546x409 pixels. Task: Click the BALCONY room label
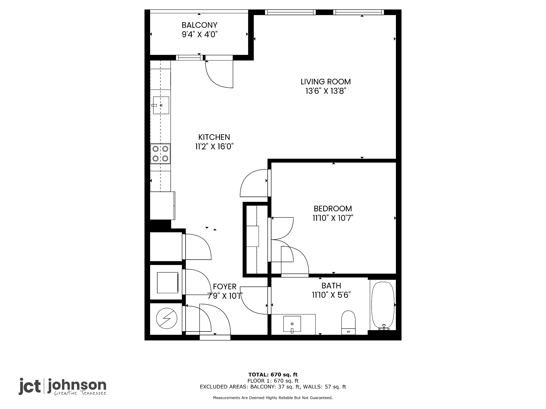coord(199,25)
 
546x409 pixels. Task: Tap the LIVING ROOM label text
coord(326,81)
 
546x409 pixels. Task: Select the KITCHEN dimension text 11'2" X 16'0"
coord(214,146)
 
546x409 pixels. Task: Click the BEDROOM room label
coord(333,208)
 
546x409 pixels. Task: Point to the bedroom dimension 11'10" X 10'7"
coord(333,218)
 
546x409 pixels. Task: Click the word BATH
coord(331,286)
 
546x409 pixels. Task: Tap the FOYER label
coord(225,287)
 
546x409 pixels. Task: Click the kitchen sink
coord(161,105)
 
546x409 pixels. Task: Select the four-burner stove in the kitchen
coord(160,154)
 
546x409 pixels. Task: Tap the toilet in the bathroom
coord(348,322)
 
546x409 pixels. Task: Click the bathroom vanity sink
coord(292,324)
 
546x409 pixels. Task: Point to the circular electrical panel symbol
coord(167,318)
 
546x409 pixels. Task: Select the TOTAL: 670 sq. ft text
coord(273,375)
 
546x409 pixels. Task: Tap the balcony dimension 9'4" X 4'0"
coord(200,35)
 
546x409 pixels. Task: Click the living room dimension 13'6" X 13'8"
coord(326,91)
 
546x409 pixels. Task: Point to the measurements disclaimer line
coord(273,398)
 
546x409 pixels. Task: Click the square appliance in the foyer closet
coord(167,283)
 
